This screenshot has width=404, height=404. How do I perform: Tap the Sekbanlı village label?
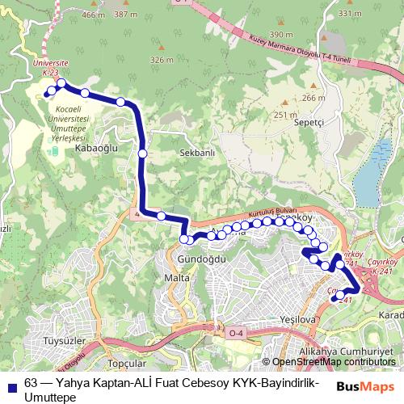coord(197,152)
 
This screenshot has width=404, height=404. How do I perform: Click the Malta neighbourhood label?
coord(176,278)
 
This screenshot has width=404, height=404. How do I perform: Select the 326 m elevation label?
coord(162,60)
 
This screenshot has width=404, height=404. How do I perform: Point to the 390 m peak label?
coord(281,35)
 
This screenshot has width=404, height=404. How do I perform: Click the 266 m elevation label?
coord(313,98)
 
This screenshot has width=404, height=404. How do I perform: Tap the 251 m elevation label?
coord(285,115)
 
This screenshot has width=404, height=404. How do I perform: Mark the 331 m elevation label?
coord(350,15)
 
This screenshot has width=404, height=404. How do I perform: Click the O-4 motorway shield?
coord(236,333)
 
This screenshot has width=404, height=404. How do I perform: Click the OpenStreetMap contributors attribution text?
coord(333,362)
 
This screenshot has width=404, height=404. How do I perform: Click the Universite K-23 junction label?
coord(50,66)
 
